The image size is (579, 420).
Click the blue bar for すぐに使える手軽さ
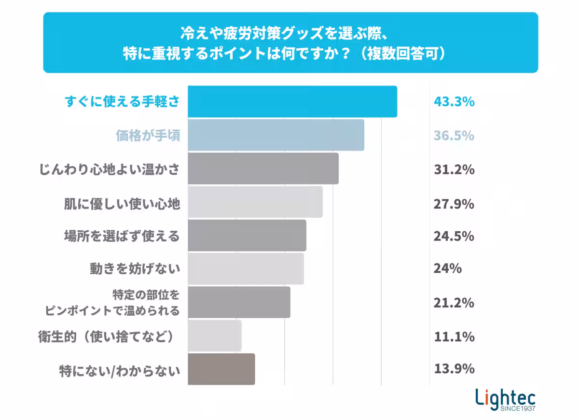click(292, 102)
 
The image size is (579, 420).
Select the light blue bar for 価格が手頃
click(276, 136)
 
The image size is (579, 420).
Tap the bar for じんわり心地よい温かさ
click(263, 169)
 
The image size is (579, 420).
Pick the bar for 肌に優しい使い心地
click(255, 202)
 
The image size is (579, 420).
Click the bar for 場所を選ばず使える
click(247, 236)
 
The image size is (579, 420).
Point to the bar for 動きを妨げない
click(246, 269)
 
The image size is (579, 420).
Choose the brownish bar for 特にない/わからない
click(221, 369)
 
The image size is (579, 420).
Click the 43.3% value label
click(454, 102)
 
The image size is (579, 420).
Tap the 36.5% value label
click(454, 136)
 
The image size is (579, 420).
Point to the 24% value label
click(447, 268)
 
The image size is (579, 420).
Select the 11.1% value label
click(454, 336)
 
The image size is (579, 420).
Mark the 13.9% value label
click(454, 369)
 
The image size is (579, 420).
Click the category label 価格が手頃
click(148, 136)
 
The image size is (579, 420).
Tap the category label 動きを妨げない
click(135, 269)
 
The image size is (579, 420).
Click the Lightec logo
click(505, 399)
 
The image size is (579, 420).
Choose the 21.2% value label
click(454, 303)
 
